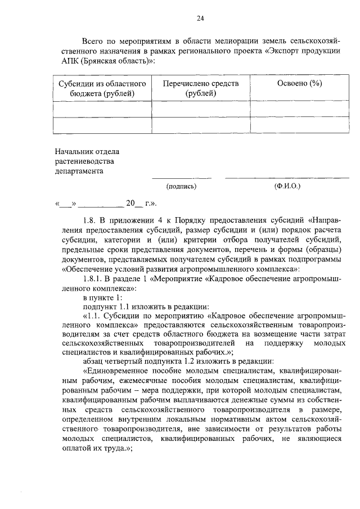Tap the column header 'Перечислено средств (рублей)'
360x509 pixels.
point(201,88)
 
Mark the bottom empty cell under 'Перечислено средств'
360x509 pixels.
point(201,125)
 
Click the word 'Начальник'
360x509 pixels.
point(73,152)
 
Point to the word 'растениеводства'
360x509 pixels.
point(80,162)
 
